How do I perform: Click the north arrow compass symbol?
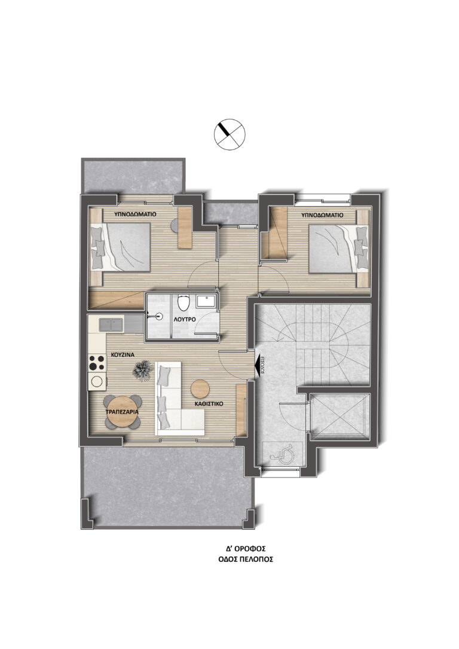(229, 134)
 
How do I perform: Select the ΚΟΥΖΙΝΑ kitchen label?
(122, 354)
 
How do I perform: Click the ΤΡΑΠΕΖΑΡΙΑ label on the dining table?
(122, 412)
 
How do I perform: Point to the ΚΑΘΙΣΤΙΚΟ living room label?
(209, 403)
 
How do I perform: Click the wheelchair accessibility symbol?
(282, 452)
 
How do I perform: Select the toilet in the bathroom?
(182, 302)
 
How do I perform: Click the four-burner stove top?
(97, 363)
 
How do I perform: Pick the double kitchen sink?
(111, 324)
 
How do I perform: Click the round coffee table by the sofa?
(200, 388)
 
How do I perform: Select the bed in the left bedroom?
(120, 247)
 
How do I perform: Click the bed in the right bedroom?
(338, 249)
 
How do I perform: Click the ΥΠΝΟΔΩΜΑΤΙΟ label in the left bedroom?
(135, 215)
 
